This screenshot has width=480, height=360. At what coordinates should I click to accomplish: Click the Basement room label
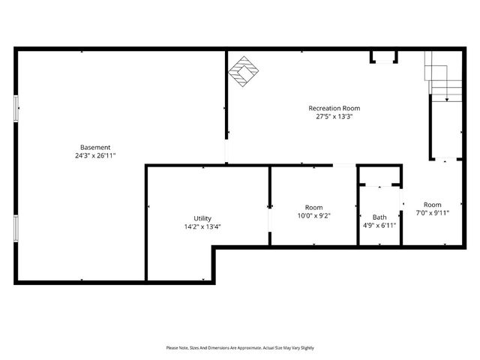coord(95,147)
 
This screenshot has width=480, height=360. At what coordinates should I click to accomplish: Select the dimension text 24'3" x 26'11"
coord(95,156)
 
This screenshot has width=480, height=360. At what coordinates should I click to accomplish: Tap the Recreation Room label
coord(334,108)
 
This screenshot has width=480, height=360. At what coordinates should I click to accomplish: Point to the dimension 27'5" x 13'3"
coord(334,117)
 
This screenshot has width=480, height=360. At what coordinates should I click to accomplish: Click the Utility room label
coord(202,218)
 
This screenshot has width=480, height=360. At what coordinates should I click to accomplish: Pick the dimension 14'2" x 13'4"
coord(202,227)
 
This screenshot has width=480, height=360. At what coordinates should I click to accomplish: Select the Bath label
coord(379,217)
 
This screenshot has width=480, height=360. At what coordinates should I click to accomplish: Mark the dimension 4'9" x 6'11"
coord(379,225)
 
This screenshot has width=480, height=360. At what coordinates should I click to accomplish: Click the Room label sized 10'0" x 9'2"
coord(313,207)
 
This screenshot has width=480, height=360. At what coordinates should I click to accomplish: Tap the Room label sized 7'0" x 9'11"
coord(432,205)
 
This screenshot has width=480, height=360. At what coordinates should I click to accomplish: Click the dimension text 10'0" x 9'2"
coord(313,216)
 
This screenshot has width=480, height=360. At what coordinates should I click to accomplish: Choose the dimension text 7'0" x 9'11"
coord(432,213)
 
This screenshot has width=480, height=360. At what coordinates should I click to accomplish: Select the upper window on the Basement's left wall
coord(16,108)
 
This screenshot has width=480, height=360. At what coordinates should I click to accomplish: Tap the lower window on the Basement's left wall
coord(16,228)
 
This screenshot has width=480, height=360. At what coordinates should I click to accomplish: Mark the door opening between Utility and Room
coord(269,217)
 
